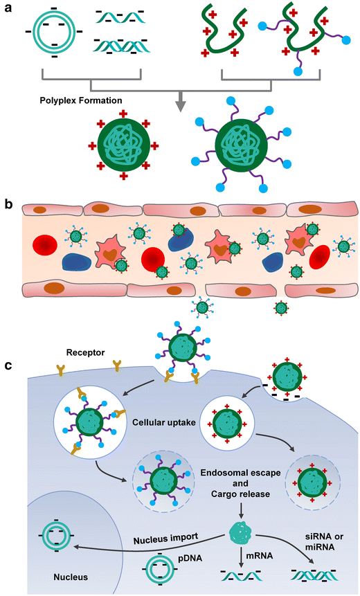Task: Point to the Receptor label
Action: tap(86, 352)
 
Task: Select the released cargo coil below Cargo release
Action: tap(239, 532)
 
